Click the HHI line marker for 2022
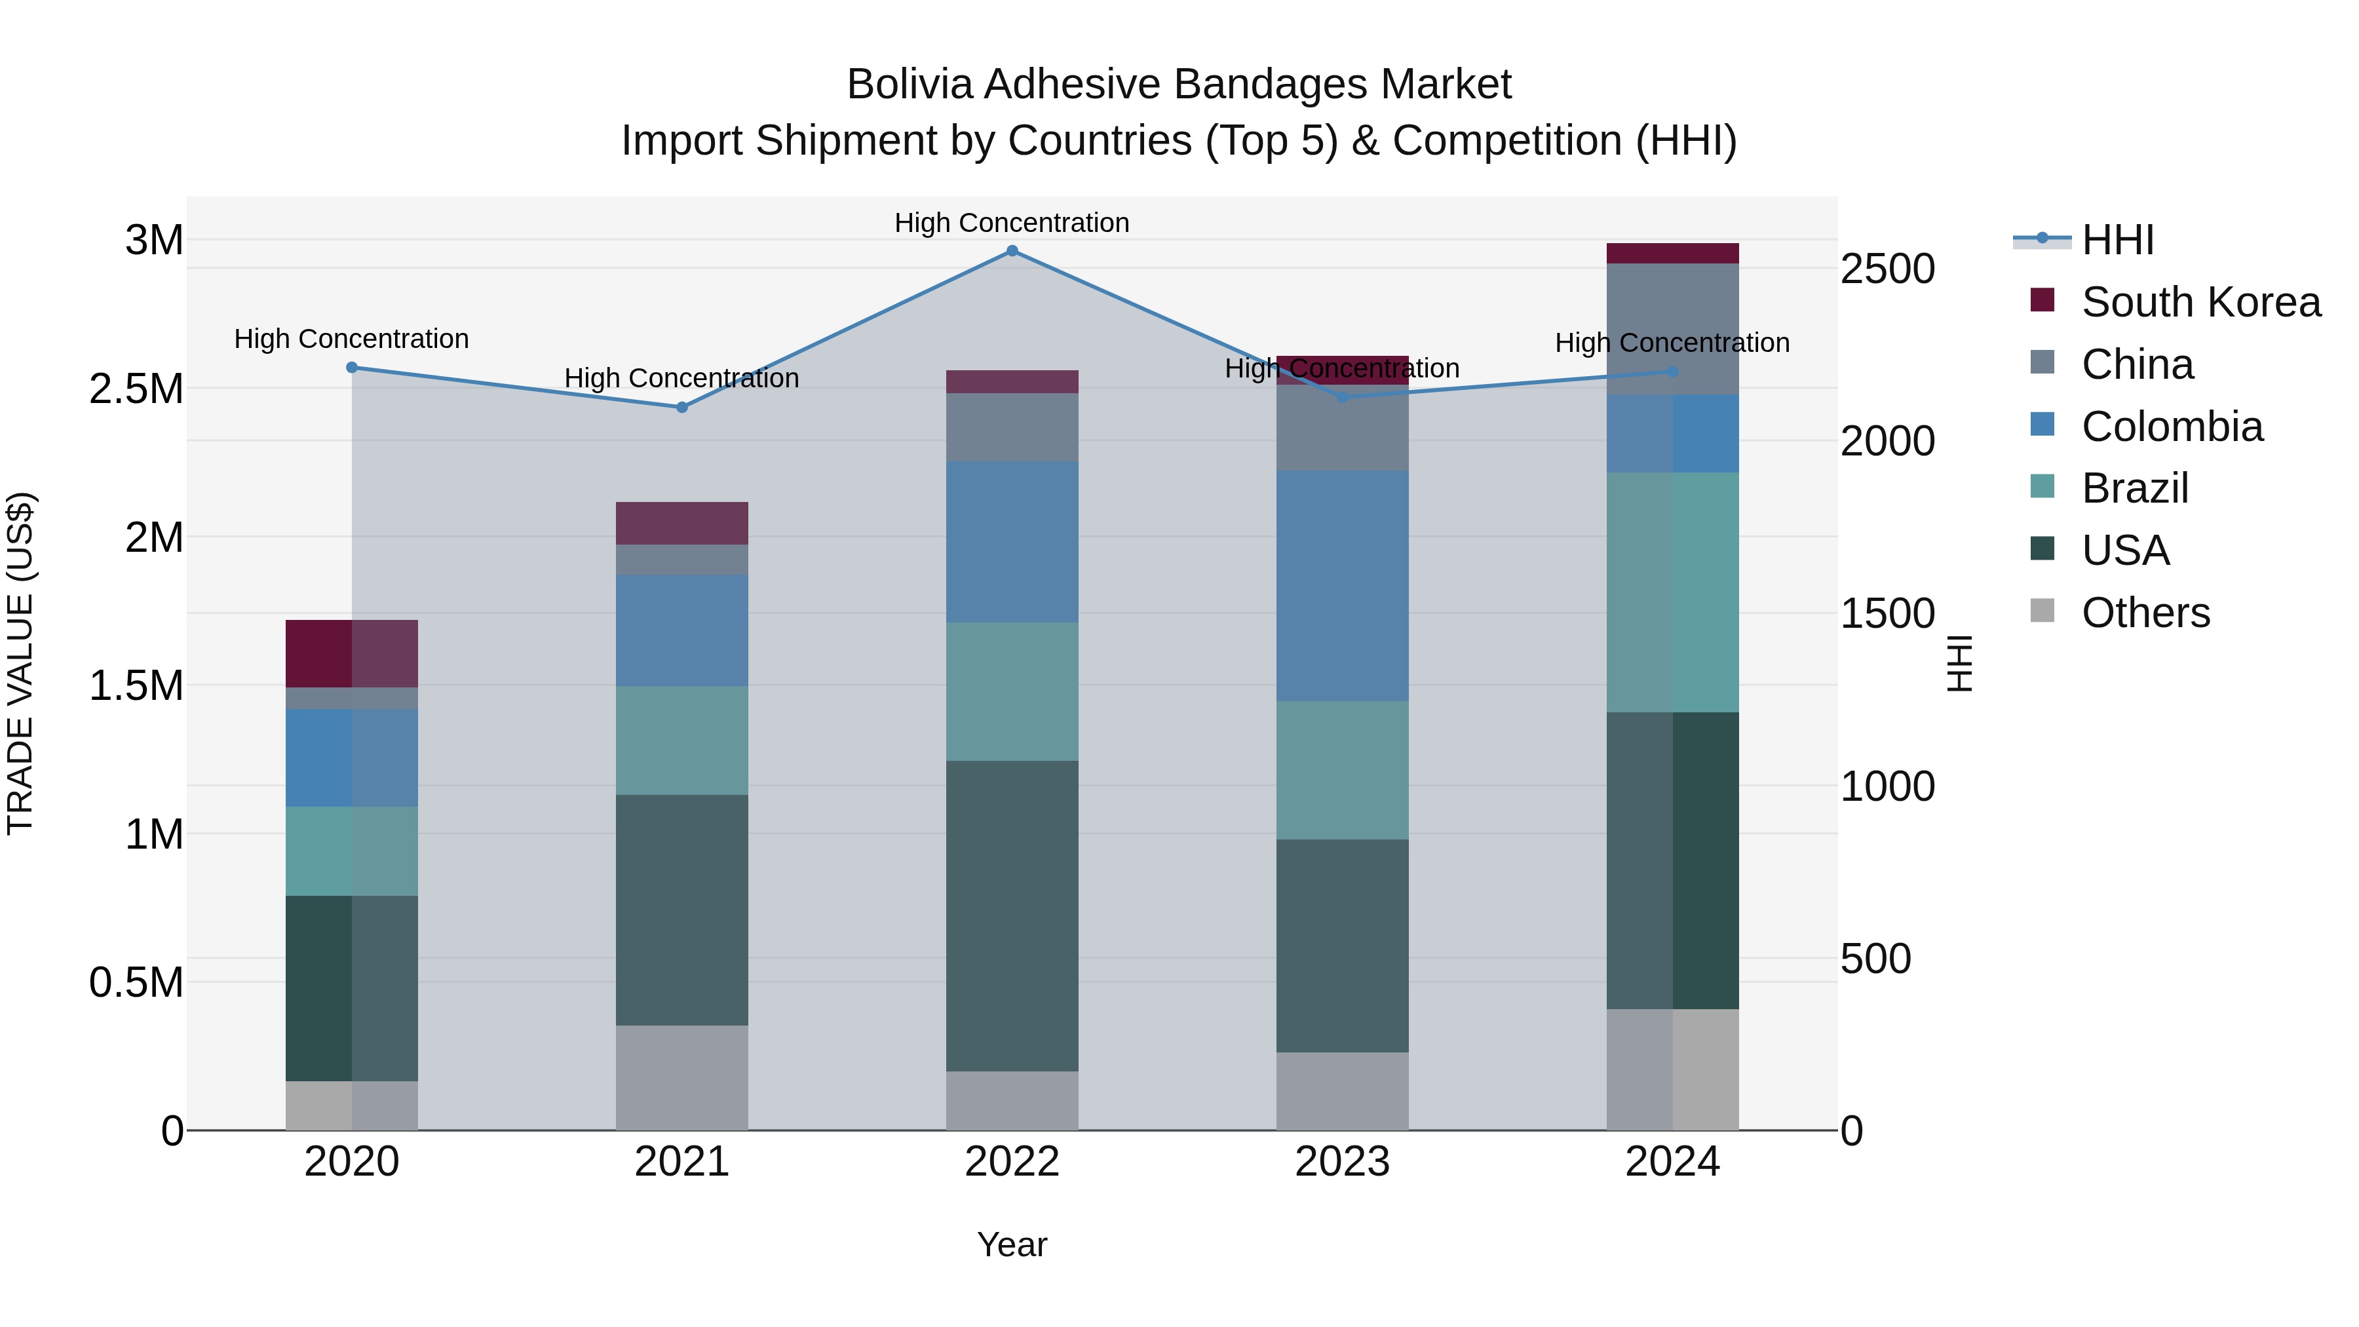point(1012,251)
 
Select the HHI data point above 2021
point(682,408)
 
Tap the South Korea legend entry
point(2200,302)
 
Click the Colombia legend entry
point(2172,427)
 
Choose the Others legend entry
point(2145,613)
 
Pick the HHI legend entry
point(2117,240)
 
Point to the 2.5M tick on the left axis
point(136,389)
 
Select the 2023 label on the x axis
point(1341,1162)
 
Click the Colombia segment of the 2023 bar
point(1341,586)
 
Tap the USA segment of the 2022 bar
point(1012,916)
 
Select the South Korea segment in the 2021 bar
point(682,523)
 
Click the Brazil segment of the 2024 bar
point(1672,592)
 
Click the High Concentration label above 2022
point(1012,223)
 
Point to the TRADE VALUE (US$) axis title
point(20,663)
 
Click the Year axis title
point(1012,1244)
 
